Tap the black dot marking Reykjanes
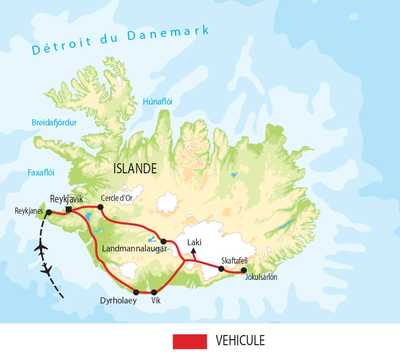pyautogui.click(x=49, y=213)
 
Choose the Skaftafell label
pyautogui.click(x=229, y=254)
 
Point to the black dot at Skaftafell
pyautogui.click(x=220, y=265)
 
